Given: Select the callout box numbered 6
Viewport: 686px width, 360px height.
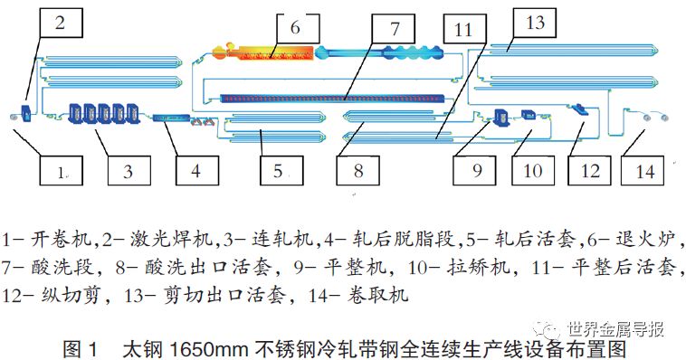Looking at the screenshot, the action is pos(295,28).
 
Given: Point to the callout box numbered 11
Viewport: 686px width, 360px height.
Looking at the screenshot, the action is pos(463,28).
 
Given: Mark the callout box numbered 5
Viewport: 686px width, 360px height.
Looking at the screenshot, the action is pos(278,169).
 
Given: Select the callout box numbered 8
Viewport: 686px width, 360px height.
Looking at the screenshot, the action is pos(357,169).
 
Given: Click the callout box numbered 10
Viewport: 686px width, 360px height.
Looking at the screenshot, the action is pos(532,169).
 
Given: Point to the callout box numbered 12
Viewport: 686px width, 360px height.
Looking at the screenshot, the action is pos(589,169).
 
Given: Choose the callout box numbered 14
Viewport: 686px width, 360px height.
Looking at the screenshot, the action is pos(643,169).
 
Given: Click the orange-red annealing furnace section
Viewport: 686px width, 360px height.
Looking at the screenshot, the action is pos(262,52).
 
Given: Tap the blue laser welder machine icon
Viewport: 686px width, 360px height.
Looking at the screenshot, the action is pos(27,115).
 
